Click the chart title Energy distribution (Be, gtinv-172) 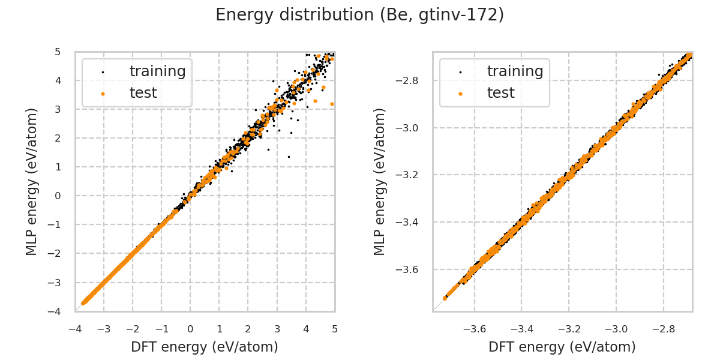coord(360,15)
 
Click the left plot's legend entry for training coord(157,71)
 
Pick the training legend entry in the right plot coord(515,71)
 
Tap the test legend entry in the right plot coord(500,93)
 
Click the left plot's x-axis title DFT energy coord(205,347)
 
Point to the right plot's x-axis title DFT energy coord(562,347)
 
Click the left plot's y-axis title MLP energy coord(32,181)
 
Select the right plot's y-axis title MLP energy coord(380,181)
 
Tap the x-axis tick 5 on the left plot coord(335,329)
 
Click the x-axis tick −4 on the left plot coord(75,329)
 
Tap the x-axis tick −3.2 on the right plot coord(569,329)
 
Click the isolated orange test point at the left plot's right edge coord(332,104)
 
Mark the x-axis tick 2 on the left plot coord(248,329)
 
